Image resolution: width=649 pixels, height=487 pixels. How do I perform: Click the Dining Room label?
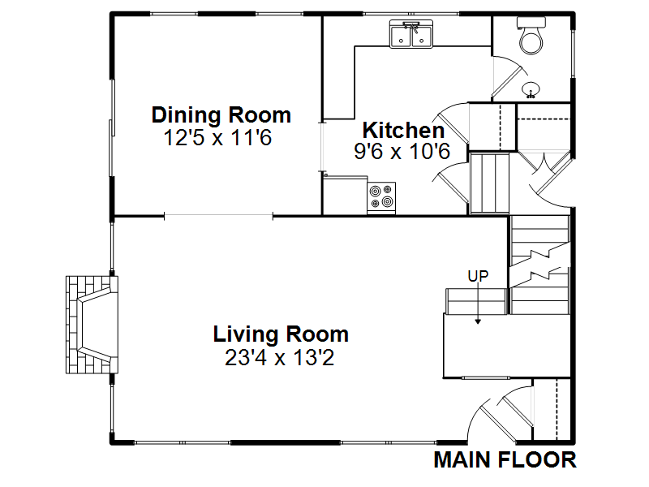(221, 115)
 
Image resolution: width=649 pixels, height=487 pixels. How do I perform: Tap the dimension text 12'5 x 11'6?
(217, 137)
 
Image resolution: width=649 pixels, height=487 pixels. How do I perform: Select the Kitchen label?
(403, 131)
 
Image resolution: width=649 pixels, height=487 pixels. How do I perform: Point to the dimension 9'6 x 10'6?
(402, 151)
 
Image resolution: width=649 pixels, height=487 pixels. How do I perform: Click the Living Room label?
(281, 334)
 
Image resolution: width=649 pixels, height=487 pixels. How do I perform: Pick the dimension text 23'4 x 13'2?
(279, 357)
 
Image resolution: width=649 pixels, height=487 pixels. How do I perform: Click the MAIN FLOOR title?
(505, 460)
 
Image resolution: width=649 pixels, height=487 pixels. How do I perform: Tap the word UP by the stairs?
(478, 276)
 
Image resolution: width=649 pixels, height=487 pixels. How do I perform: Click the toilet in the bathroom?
(531, 36)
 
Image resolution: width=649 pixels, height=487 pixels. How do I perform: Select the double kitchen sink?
(411, 34)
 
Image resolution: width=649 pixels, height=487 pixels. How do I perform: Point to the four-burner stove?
(381, 198)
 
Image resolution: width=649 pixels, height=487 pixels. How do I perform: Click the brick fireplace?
(92, 325)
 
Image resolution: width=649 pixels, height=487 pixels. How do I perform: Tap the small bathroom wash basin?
(531, 90)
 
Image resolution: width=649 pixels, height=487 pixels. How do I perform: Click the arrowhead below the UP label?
(478, 321)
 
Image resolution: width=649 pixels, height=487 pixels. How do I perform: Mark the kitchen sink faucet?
(412, 27)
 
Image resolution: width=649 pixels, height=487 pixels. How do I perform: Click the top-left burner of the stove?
(376, 192)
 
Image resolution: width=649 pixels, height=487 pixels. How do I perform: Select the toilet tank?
(531, 22)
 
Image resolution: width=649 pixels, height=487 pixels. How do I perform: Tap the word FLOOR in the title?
(537, 460)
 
